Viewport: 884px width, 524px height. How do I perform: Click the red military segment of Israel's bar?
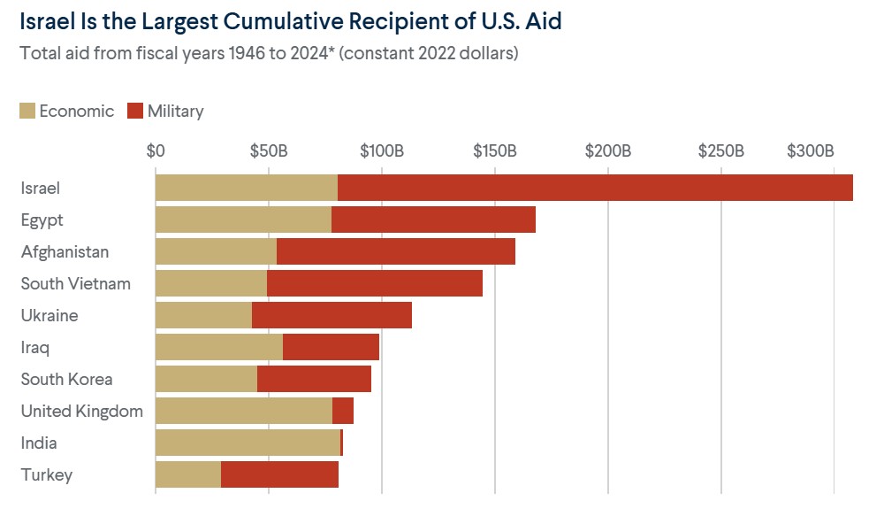point(595,188)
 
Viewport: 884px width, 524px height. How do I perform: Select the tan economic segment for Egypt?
point(243,220)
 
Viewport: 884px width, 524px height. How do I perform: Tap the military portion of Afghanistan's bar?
point(395,251)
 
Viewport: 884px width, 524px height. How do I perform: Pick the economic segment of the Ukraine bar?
point(203,315)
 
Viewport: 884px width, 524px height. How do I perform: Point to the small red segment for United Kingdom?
point(343,411)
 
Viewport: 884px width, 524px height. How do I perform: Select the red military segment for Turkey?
point(279,474)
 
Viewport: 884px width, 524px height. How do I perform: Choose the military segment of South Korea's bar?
point(314,379)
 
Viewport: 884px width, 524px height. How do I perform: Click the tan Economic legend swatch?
point(27,111)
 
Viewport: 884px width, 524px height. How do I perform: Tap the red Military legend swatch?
point(135,111)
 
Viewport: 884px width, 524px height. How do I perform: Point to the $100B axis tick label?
point(382,150)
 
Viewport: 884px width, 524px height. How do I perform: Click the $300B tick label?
point(811,150)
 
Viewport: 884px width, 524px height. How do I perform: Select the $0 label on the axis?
point(156,150)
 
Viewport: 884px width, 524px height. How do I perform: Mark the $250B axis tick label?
point(721,150)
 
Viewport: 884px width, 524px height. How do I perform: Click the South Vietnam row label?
point(76,283)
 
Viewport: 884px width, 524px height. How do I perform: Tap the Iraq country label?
point(35,347)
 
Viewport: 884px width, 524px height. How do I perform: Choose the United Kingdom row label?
point(82,411)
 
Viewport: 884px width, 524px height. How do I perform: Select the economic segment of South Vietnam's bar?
point(211,283)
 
